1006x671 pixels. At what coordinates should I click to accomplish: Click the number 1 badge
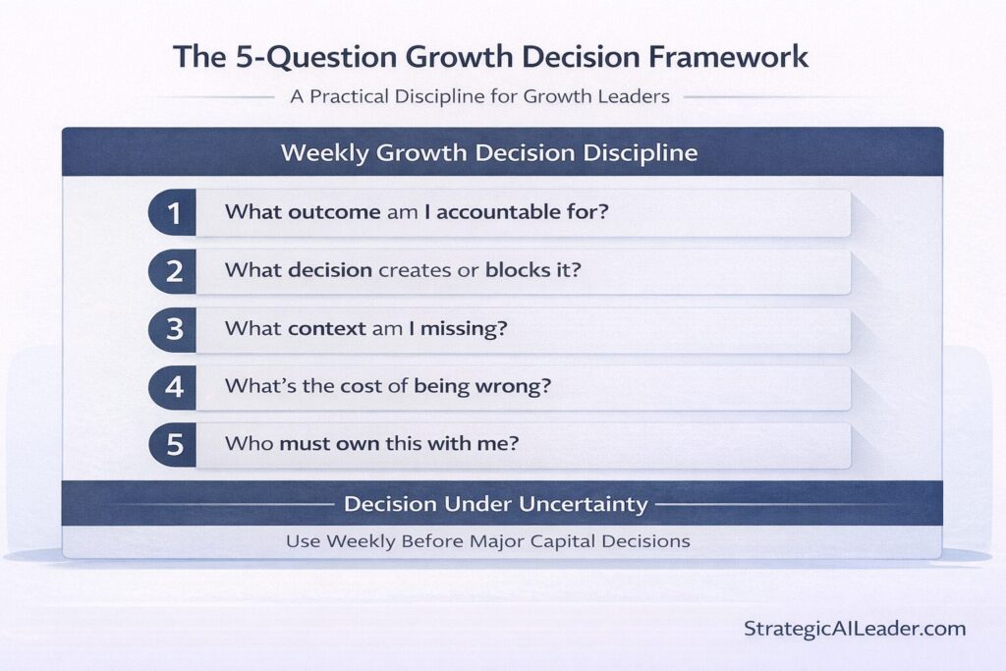tap(174, 213)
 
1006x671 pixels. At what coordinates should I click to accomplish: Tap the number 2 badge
tap(174, 271)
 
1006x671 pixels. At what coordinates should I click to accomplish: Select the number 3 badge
tap(174, 329)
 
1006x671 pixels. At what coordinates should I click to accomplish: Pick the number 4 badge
tap(174, 387)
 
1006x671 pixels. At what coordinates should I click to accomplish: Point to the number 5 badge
tap(174, 445)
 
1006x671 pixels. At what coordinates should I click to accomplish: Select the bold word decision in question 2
tap(330, 270)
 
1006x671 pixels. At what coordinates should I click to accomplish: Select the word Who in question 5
tap(249, 444)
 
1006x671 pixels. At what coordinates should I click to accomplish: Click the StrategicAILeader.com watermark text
tap(855, 629)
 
